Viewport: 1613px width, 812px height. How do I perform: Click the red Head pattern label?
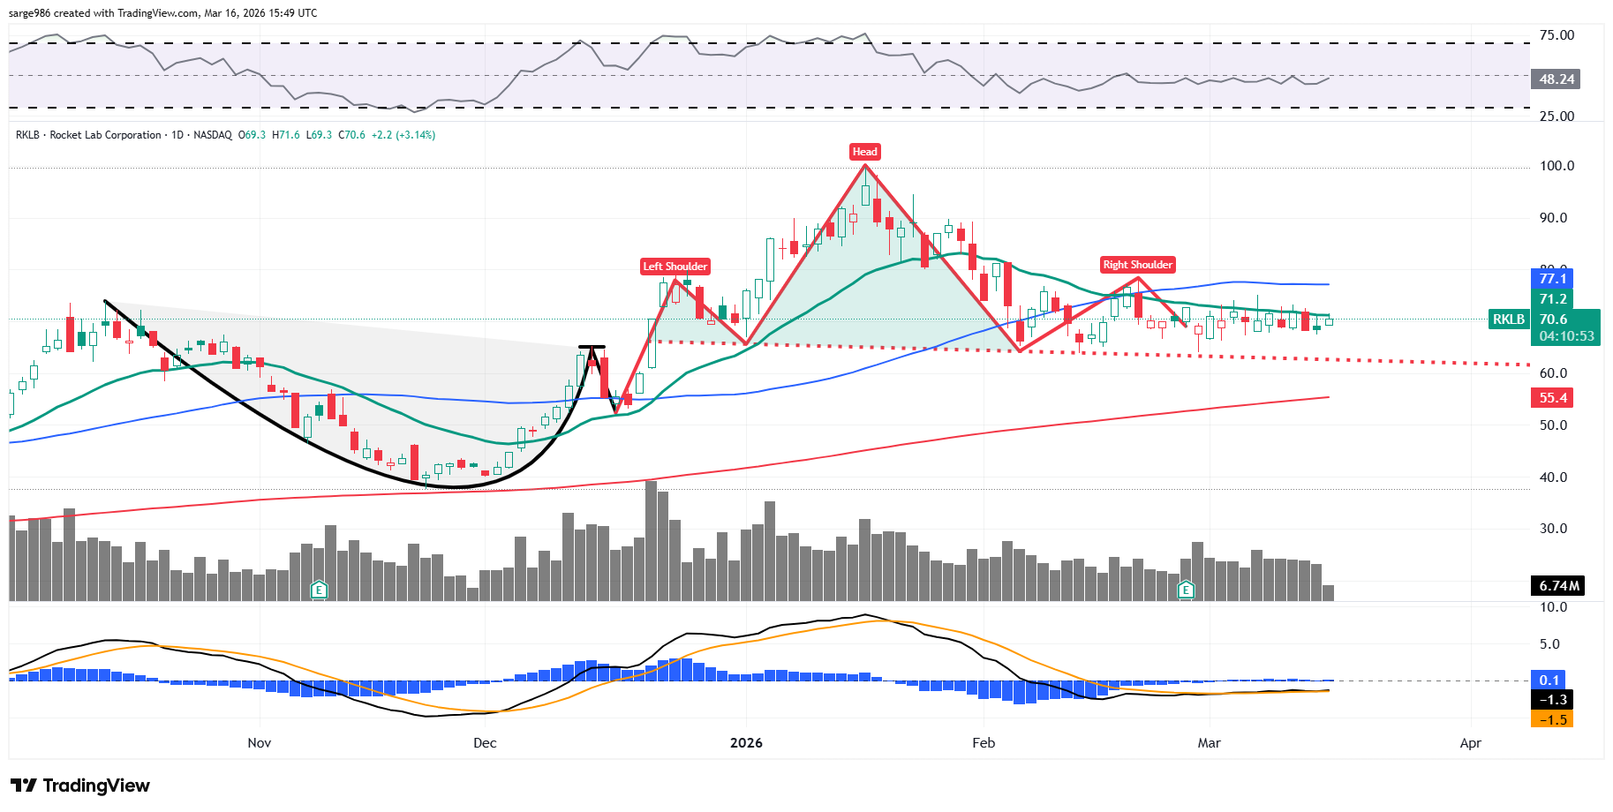tap(864, 152)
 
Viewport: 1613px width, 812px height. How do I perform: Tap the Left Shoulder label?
tap(675, 267)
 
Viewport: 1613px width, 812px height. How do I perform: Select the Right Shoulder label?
tap(1137, 265)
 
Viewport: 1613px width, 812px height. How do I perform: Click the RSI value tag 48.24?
tap(1556, 79)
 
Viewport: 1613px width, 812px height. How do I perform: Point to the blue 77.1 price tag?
tap(1552, 279)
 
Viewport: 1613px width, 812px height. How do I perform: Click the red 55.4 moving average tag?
tap(1552, 398)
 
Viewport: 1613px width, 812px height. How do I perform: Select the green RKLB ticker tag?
tap(1509, 320)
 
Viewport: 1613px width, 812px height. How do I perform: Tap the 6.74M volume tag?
tap(1558, 586)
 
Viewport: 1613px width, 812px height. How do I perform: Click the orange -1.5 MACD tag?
tap(1552, 720)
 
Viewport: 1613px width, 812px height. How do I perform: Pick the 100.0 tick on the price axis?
tap(1556, 166)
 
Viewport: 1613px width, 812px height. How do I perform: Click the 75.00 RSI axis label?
tap(1556, 35)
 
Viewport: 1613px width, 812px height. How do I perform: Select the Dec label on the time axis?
tap(485, 743)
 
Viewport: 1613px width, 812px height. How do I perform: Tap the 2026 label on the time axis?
tap(746, 743)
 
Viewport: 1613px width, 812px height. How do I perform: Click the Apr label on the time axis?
tap(1470, 743)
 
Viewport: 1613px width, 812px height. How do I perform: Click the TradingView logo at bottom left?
tap(80, 786)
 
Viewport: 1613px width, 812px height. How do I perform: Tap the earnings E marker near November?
tap(320, 590)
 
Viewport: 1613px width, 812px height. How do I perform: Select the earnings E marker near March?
tap(1186, 590)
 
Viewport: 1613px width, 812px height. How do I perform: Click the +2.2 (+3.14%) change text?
tap(403, 135)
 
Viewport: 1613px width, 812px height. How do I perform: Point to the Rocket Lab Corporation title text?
tap(105, 135)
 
